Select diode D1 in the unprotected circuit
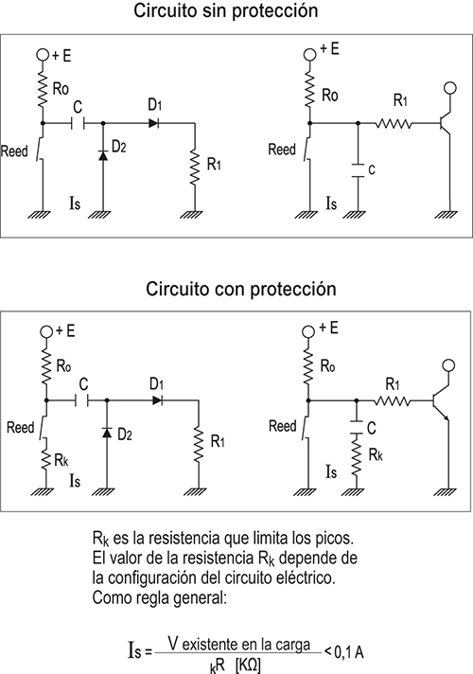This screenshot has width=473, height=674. click(154, 123)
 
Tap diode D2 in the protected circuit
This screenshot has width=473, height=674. click(107, 432)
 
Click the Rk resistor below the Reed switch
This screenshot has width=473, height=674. click(46, 458)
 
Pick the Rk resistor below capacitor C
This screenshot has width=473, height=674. click(356, 454)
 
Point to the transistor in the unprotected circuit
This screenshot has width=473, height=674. click(445, 123)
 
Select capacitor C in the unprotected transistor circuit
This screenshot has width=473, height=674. click(358, 170)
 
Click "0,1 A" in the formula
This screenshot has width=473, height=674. click(349, 652)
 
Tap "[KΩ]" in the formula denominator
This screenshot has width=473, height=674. click(248, 665)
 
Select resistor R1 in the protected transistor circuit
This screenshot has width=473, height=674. click(392, 401)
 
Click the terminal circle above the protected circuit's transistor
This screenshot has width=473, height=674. click(448, 365)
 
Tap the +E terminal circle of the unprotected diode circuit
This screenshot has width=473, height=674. click(43, 55)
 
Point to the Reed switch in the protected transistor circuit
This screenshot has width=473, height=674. click(307, 426)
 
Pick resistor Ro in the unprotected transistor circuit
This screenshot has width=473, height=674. click(309, 91)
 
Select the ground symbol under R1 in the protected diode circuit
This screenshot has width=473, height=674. click(196, 491)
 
